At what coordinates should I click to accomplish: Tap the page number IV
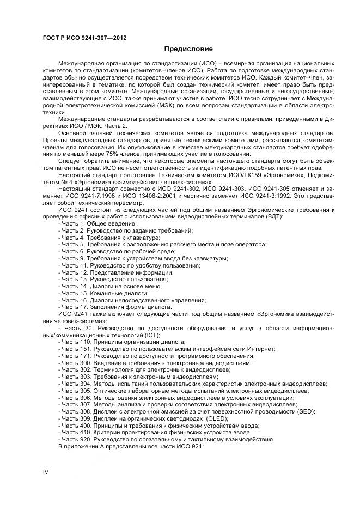coord(46,472)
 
